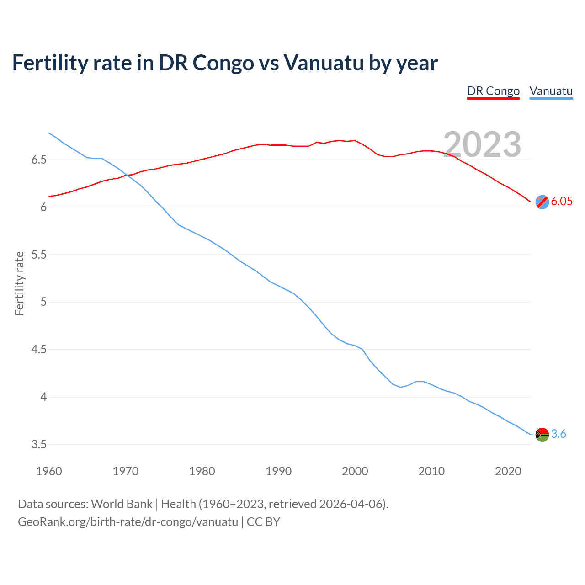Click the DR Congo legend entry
coord(493,91)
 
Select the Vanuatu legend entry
coord(551,91)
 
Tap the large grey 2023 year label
coord(482,144)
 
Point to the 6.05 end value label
coord(561,202)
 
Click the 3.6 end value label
coord(558,434)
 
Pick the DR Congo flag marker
coord(542,202)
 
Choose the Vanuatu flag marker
coord(542,434)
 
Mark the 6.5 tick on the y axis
coord(39,160)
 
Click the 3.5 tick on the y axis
coord(39,445)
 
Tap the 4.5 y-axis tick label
coord(39,350)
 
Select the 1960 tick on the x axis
coord(49,471)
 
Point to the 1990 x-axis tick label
coord(278,471)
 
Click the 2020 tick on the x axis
coord(508,471)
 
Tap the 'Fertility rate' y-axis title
coord(19,283)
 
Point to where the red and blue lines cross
coord(127,175)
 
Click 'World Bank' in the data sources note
coord(122,504)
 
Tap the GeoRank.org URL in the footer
coord(128,522)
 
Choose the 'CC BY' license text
coord(263,522)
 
